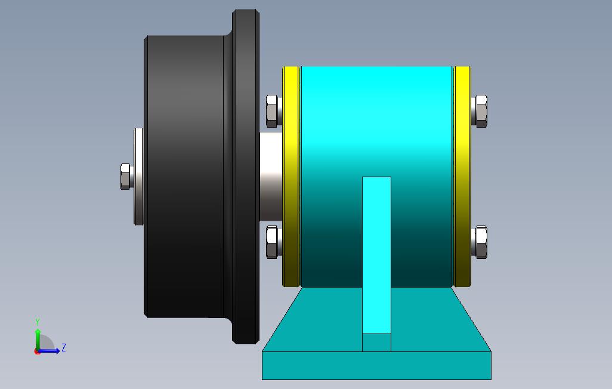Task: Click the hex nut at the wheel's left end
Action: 125,177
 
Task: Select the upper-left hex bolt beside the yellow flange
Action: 274,111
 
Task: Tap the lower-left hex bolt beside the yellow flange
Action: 274,242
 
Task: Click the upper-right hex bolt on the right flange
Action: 480,111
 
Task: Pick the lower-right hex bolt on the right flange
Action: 480,242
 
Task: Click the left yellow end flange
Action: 291,177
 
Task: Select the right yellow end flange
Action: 462,177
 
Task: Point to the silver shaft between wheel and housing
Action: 271,177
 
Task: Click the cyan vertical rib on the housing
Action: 376,255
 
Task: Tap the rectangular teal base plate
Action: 376,366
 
